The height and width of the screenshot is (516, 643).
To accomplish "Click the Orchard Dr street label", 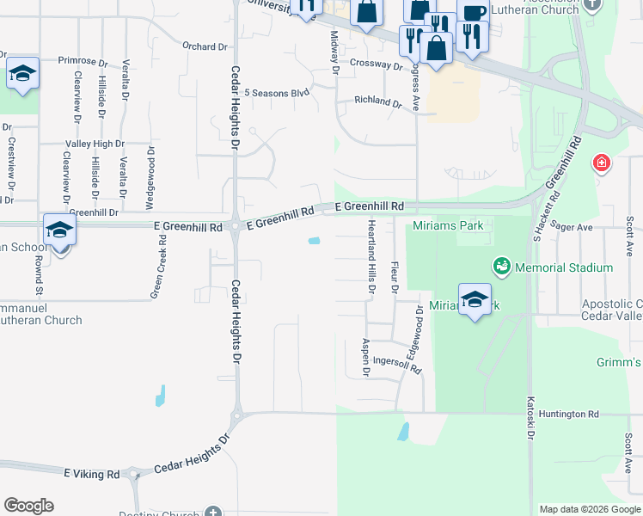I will click(205, 46).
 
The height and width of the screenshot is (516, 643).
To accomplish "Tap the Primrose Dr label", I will click(83, 62).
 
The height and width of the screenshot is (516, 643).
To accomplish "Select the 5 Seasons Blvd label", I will click(276, 93).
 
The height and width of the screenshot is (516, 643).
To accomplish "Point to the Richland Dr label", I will click(378, 102).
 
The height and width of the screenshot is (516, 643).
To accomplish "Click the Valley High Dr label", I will click(95, 144).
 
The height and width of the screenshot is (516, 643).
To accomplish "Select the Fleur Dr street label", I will click(395, 278).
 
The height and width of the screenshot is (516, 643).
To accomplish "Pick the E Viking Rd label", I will click(91, 474).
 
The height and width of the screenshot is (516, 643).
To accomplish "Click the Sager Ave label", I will click(573, 227).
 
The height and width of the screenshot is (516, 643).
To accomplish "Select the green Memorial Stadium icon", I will click(501, 267).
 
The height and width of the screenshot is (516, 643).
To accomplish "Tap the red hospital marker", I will click(601, 163).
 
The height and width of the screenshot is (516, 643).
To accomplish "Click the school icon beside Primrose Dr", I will click(23, 74).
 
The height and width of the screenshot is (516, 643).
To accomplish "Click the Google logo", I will click(28, 506).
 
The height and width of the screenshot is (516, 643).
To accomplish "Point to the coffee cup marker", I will click(473, 12).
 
